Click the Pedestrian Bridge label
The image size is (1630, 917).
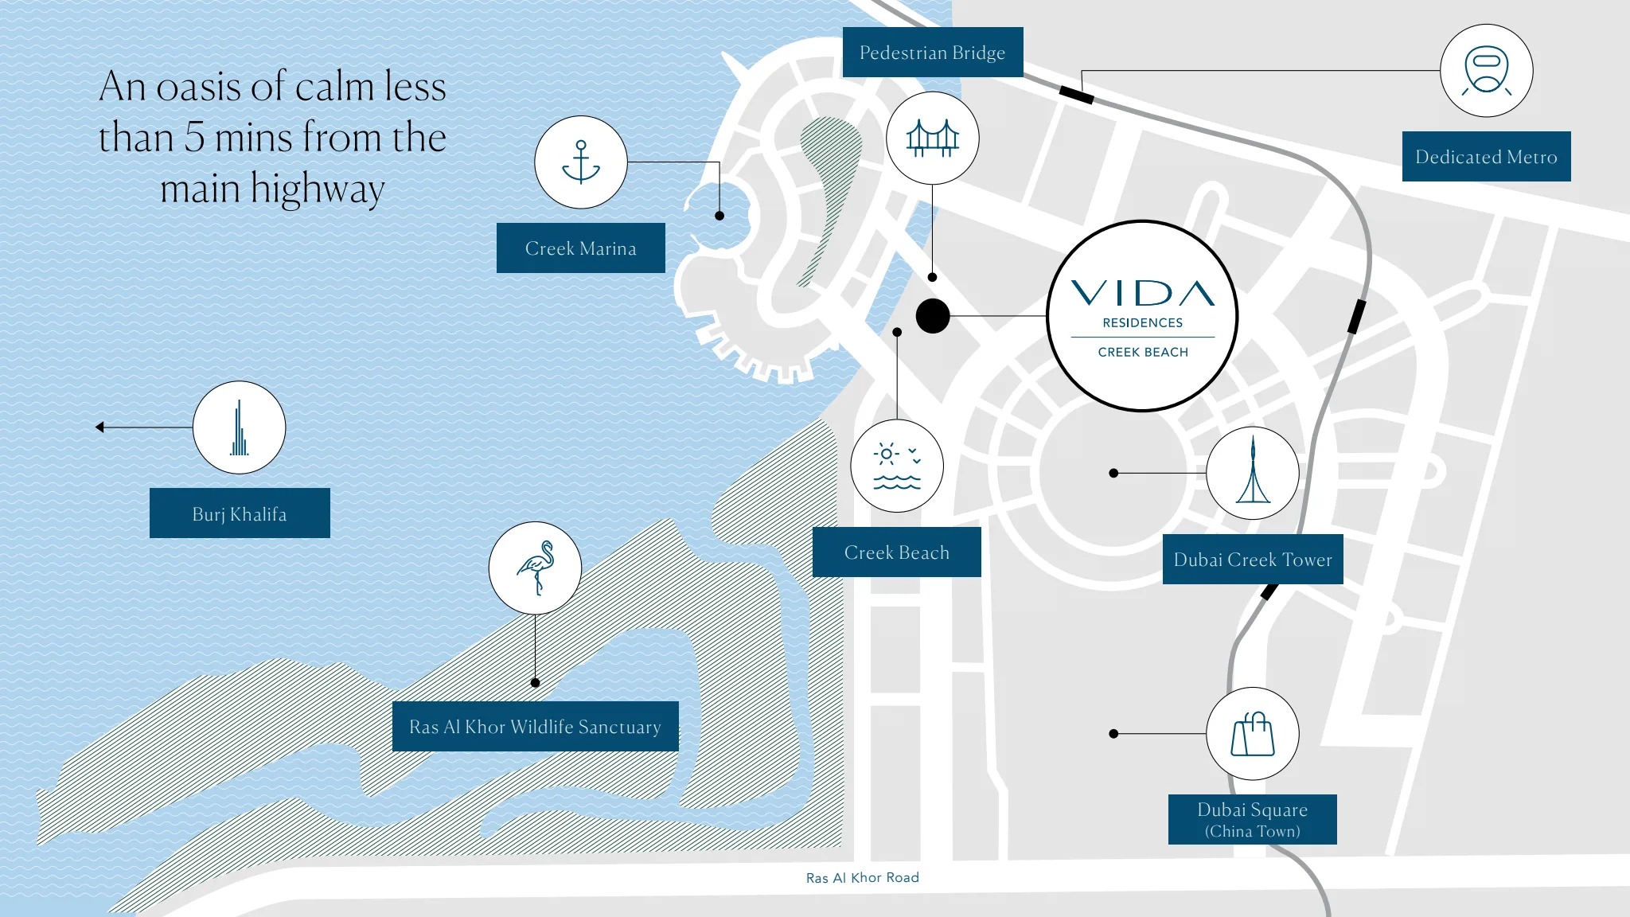click(x=933, y=53)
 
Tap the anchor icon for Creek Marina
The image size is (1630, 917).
click(x=581, y=162)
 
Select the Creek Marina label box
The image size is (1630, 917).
click(x=581, y=248)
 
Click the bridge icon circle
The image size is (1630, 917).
click(x=933, y=138)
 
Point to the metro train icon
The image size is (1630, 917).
click(x=1487, y=71)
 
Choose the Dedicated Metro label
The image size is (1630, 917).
click(x=1487, y=157)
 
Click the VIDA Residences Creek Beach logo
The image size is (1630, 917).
click(x=1142, y=316)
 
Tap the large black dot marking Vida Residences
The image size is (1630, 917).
click(x=933, y=316)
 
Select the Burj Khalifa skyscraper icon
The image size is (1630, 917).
click(x=240, y=427)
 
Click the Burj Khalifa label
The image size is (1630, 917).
click(x=240, y=513)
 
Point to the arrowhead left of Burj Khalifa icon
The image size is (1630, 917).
click(x=99, y=427)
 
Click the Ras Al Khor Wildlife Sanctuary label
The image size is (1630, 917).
click(x=536, y=727)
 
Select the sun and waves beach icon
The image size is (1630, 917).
click(x=897, y=466)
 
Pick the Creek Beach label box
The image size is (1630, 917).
click(x=897, y=552)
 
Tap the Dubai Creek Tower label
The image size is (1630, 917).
click(x=1253, y=560)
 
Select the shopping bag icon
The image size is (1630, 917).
click(x=1253, y=734)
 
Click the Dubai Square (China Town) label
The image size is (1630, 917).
click(x=1253, y=819)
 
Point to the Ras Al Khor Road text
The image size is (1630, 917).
click(x=863, y=878)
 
